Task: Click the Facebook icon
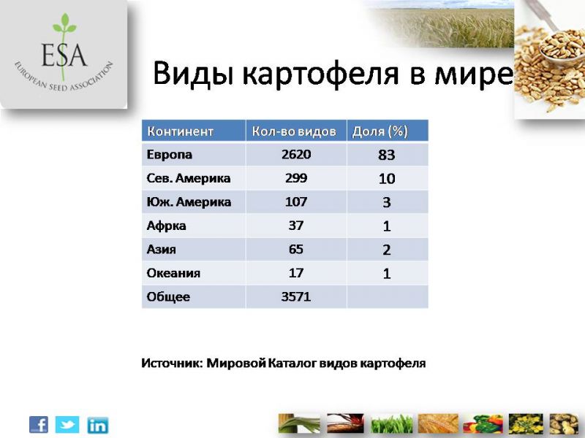click(x=39, y=425)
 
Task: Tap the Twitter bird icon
click(x=67, y=425)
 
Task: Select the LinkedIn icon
click(x=98, y=426)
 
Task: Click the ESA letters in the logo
click(x=64, y=55)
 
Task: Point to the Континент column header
click(x=180, y=131)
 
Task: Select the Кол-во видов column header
click(x=294, y=131)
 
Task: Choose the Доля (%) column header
click(x=380, y=131)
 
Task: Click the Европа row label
click(x=170, y=155)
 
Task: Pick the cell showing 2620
click(x=296, y=154)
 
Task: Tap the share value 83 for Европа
click(x=387, y=155)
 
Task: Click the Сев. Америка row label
click(x=189, y=178)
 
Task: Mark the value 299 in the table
click(x=296, y=178)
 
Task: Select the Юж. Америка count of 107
click(x=296, y=202)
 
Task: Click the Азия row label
click(x=161, y=249)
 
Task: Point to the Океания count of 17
click(x=296, y=273)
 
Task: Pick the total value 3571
click(x=296, y=297)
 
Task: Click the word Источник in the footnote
click(x=172, y=363)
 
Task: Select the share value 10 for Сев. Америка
click(x=387, y=179)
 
